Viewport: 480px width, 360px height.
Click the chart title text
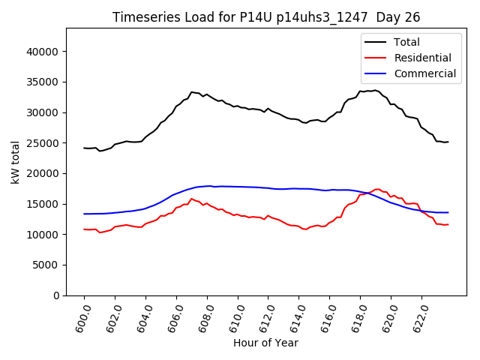(x=266, y=17)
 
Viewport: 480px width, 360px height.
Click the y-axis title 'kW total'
(x=16, y=161)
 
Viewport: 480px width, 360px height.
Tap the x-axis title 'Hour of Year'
(x=265, y=343)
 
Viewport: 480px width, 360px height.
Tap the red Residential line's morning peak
(x=191, y=199)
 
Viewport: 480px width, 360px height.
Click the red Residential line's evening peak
(x=378, y=189)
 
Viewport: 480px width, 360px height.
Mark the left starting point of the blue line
(x=84, y=214)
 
